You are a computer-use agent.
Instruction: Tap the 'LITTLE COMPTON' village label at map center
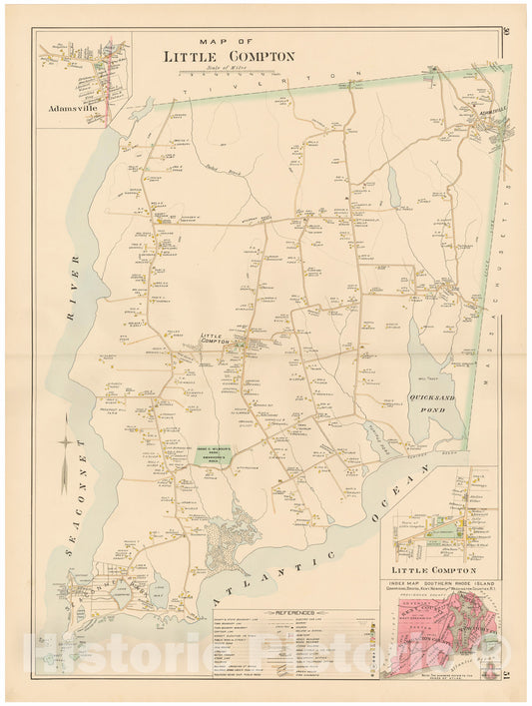[x=217, y=340]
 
